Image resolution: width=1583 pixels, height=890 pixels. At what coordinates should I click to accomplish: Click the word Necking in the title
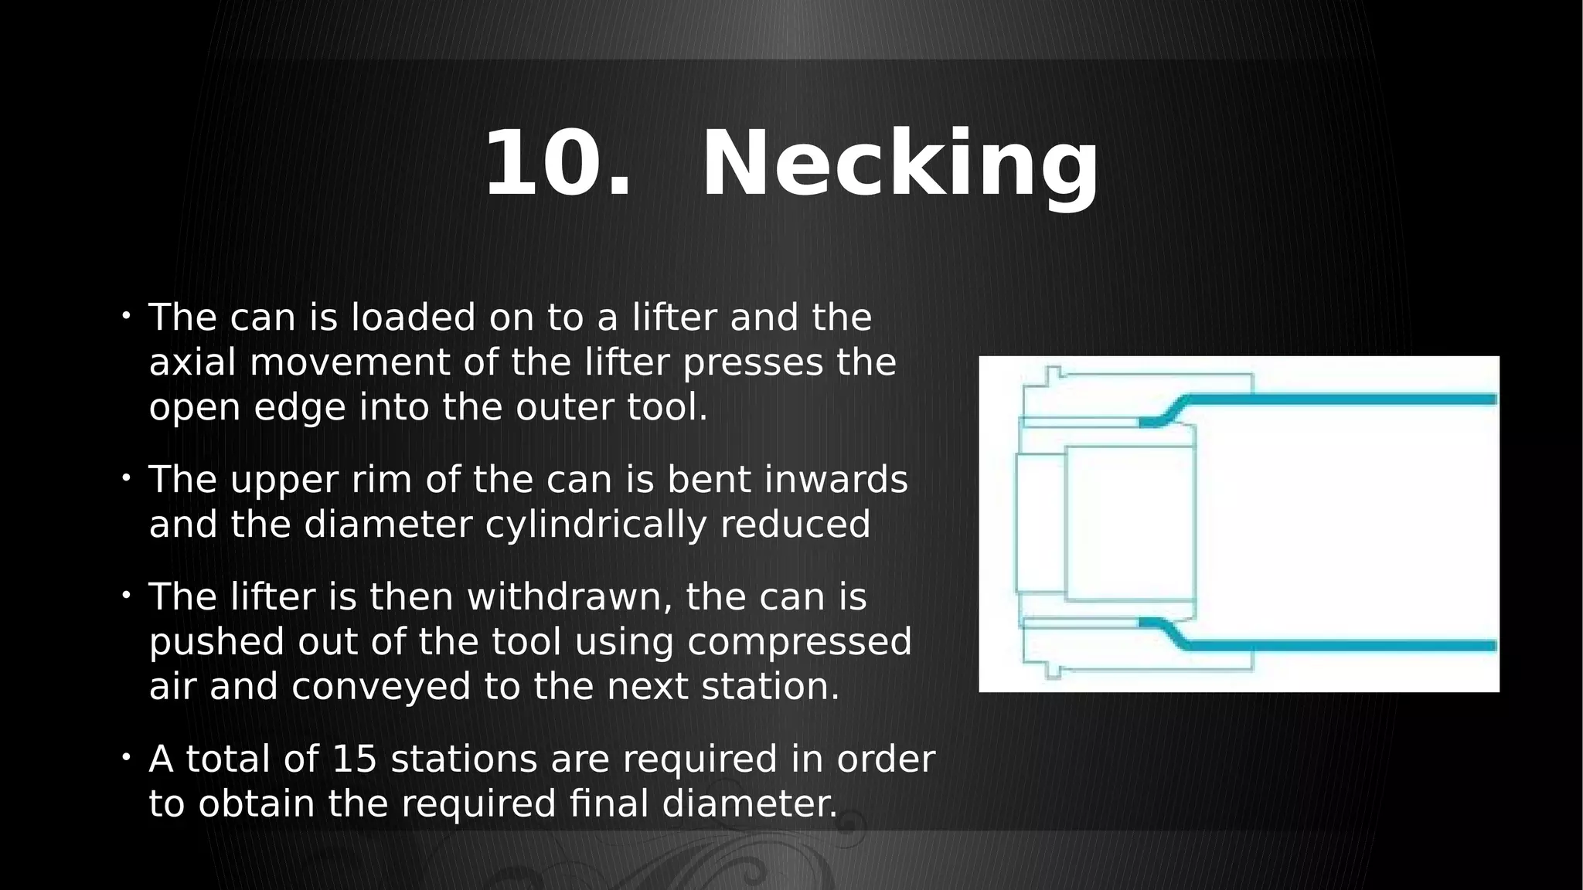pyautogui.click(x=900, y=164)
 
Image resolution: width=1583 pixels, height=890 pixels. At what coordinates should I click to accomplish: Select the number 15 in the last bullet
pyautogui.click(x=354, y=759)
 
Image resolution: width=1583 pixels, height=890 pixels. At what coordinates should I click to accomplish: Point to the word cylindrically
pyautogui.click(x=595, y=525)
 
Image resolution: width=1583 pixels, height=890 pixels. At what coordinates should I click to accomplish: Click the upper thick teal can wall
pyautogui.click(x=1314, y=399)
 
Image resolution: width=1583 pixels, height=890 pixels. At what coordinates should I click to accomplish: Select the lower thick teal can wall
pyautogui.click(x=1314, y=645)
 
